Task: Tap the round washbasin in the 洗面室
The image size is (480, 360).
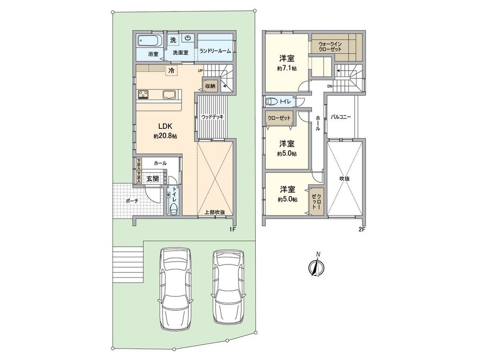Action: coord(188,38)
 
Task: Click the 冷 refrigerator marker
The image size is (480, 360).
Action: coord(171,70)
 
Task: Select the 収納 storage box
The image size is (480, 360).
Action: coord(210,86)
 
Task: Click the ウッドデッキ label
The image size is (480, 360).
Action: coord(212,117)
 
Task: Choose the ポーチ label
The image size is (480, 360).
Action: coord(132,200)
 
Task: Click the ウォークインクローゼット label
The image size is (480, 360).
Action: coord(330,47)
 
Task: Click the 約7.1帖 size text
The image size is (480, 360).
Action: coord(287,68)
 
